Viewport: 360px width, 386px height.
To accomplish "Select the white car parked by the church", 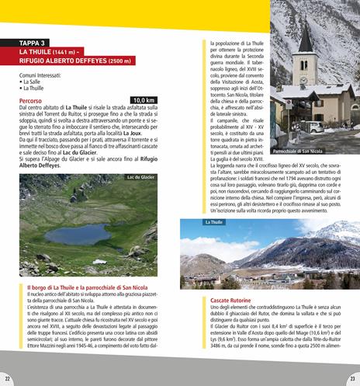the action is (316, 127).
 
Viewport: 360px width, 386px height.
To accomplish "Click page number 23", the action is (352, 378).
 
